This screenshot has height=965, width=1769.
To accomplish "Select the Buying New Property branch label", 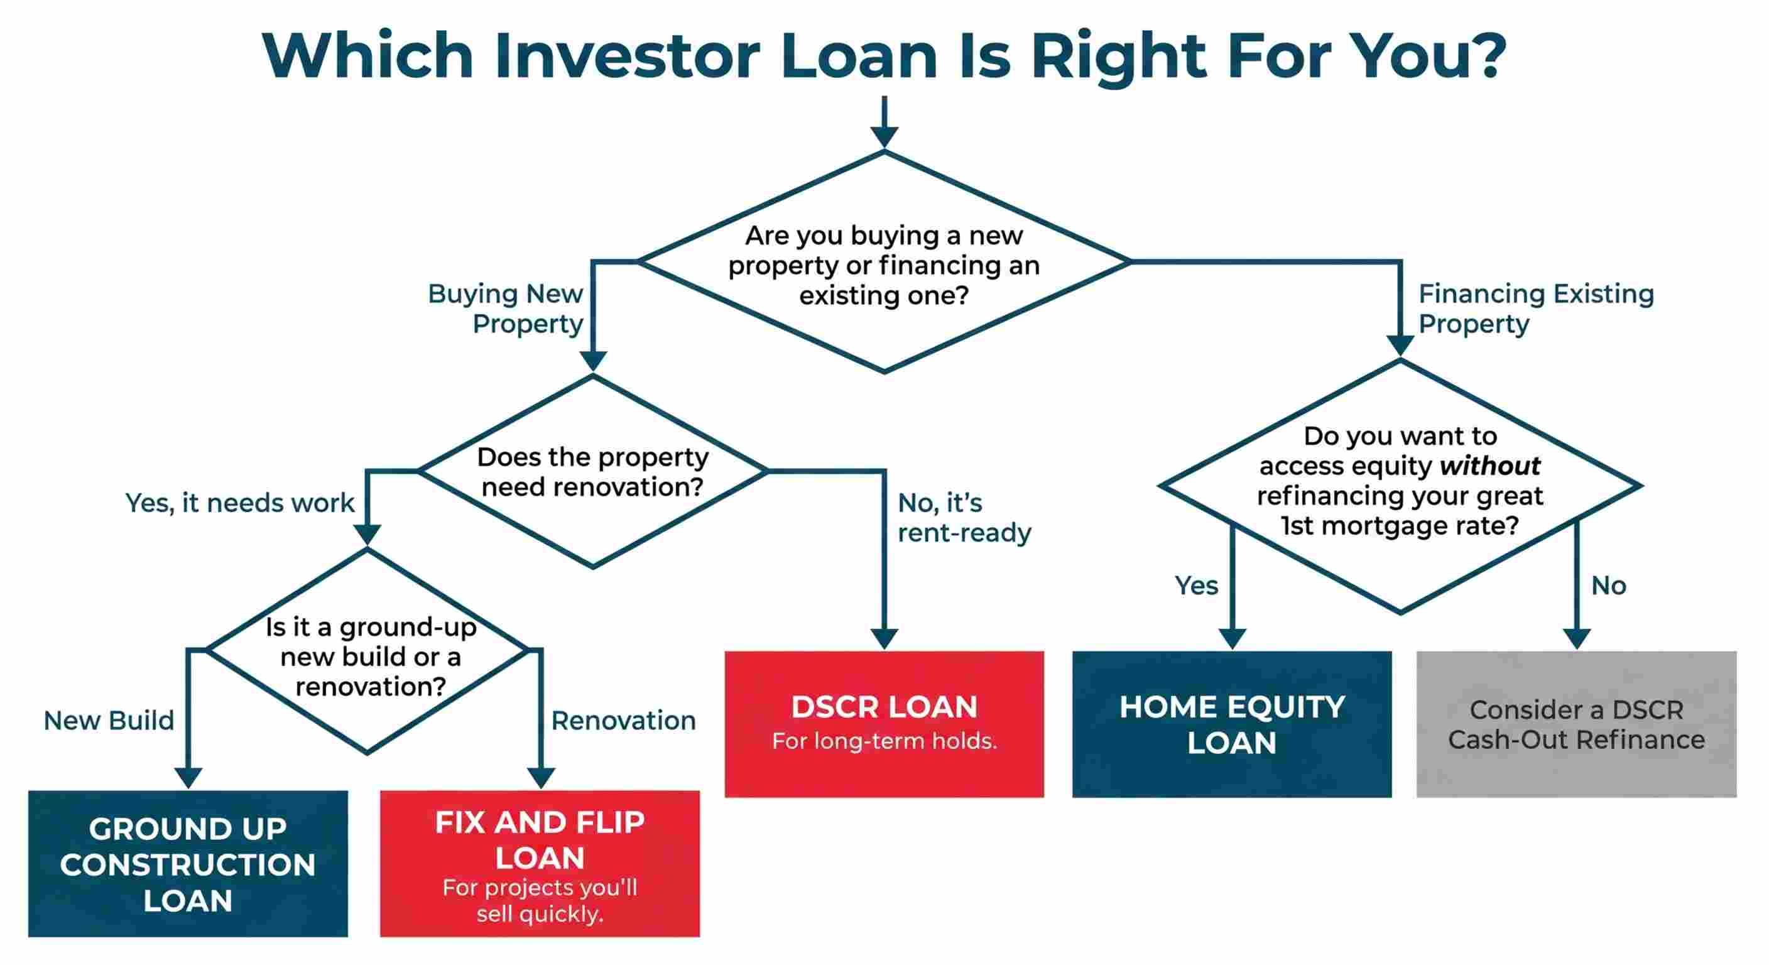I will point(506,308).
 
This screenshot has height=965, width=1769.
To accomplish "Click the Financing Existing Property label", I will point(1535,308).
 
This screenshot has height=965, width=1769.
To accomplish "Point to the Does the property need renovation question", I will point(592,472).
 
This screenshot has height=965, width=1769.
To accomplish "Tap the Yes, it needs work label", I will point(240,503).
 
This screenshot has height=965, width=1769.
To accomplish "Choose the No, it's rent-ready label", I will point(964,518).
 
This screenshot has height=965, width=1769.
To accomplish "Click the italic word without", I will point(1489,466).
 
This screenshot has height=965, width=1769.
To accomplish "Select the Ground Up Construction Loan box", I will point(187,863).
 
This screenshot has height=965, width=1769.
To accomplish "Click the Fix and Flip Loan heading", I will point(540,839).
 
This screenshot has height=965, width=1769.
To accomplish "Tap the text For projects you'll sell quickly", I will point(540,900).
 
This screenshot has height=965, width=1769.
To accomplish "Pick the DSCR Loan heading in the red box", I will point(884,707).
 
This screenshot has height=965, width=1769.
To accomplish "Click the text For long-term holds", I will point(884,741).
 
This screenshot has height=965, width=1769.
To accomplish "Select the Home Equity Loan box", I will point(1232,724).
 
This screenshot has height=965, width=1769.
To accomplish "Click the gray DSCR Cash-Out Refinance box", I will point(1576,724).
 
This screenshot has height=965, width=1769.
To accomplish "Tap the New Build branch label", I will point(109,721).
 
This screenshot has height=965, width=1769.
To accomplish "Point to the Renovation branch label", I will point(624,721).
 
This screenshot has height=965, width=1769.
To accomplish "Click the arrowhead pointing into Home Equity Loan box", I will point(1233,638).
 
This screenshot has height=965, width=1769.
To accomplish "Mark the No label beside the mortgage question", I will point(1608,586).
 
